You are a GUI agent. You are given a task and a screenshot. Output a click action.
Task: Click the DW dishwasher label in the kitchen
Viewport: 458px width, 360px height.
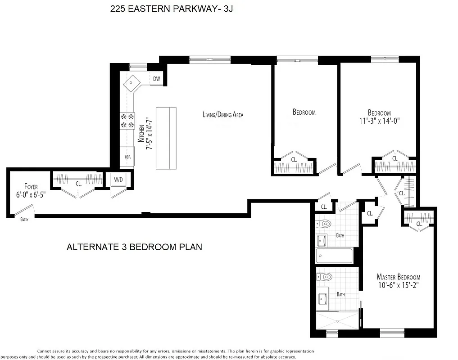[x=156, y=79]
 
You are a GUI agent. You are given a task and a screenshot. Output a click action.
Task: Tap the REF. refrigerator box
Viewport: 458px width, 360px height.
[x=127, y=157]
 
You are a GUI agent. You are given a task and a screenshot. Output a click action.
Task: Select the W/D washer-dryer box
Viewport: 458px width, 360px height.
[x=119, y=180]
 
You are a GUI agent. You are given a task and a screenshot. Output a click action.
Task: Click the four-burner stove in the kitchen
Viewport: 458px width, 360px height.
[x=127, y=121]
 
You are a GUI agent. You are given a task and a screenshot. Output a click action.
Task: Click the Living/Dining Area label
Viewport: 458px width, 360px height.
[x=222, y=115]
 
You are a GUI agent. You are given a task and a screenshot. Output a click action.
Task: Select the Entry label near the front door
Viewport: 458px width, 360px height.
[x=24, y=219]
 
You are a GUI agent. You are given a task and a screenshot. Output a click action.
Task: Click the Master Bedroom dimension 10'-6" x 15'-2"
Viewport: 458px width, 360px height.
[x=398, y=286]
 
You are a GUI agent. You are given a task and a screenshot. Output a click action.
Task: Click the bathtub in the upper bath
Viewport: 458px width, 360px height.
[x=334, y=256]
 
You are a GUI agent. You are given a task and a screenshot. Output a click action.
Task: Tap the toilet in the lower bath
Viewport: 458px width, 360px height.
[x=326, y=276]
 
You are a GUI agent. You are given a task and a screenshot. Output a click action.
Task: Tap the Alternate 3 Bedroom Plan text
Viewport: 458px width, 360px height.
[x=134, y=247]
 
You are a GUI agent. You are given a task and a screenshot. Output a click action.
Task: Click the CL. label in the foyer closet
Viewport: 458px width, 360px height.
[x=78, y=183]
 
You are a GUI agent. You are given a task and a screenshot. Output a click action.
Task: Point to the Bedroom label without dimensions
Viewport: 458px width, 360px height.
[x=304, y=112]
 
